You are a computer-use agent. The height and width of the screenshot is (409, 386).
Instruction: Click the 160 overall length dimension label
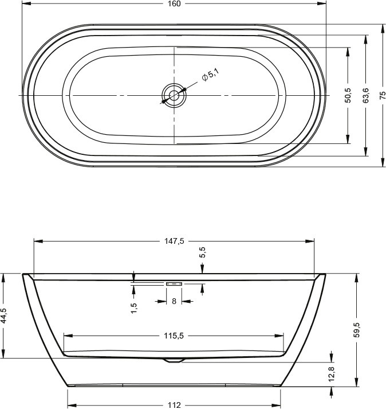tap(174, 3)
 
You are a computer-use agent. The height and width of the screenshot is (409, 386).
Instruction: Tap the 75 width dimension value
tap(383, 95)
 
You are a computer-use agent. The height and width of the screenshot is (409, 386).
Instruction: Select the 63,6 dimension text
tap(366, 95)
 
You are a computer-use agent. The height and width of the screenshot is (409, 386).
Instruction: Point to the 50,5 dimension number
tap(348, 95)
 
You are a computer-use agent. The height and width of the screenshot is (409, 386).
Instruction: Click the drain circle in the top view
tap(174, 95)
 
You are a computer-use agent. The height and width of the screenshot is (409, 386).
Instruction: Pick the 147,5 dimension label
tap(174, 241)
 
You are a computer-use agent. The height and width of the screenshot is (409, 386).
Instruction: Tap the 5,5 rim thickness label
tap(203, 252)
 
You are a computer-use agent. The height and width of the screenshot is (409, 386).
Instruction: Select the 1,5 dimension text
tap(134, 308)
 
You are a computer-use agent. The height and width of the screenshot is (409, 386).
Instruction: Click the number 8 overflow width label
tap(174, 302)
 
